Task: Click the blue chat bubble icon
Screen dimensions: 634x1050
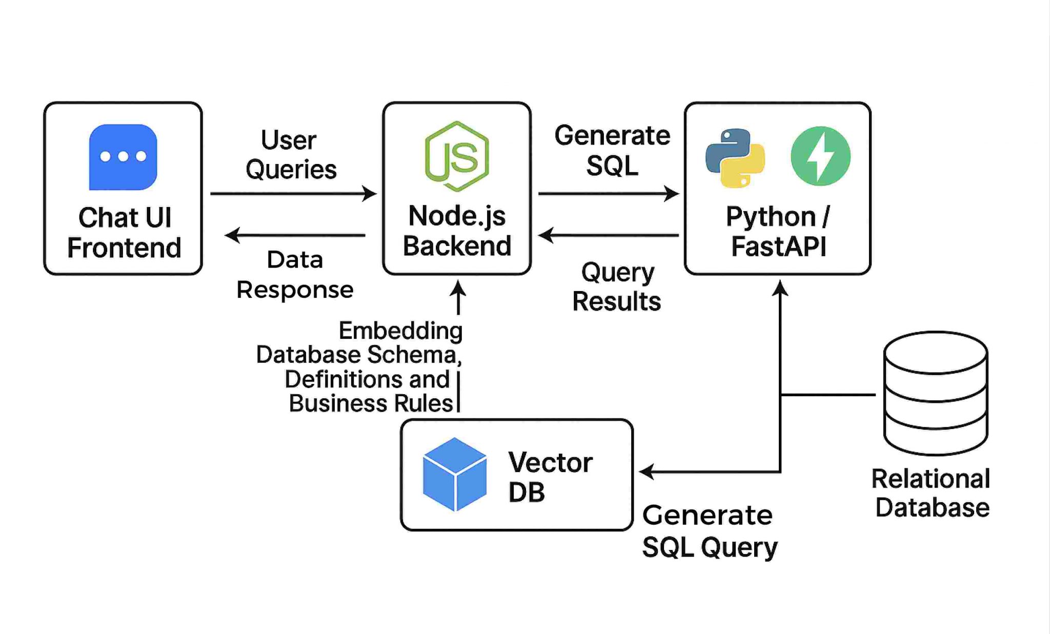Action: (123, 157)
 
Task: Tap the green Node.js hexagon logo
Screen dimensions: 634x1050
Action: (457, 156)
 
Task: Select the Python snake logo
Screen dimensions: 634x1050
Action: (735, 157)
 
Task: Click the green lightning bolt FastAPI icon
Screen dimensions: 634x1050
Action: (820, 156)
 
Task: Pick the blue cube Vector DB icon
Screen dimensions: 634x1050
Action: (454, 474)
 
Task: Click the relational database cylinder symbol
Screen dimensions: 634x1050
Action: (936, 393)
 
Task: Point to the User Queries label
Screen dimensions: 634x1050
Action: (291, 154)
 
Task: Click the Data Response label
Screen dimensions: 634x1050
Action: (295, 275)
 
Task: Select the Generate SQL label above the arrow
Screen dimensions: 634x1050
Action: (612, 150)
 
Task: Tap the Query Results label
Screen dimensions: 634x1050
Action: (617, 287)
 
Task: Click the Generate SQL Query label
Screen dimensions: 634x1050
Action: (710, 531)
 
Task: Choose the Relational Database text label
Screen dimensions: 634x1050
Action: (932, 493)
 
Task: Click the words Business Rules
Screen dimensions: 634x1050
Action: (371, 403)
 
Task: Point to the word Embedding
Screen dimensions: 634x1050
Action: (400, 331)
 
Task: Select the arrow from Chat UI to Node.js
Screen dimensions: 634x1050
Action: (293, 194)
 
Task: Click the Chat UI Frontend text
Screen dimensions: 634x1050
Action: (124, 233)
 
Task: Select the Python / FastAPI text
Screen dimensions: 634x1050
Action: (778, 231)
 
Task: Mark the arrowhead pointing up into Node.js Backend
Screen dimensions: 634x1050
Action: (458, 289)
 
